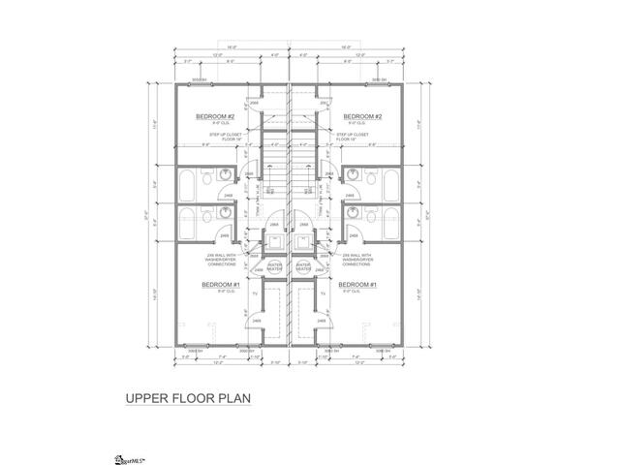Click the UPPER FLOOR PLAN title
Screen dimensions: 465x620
[x=188, y=397]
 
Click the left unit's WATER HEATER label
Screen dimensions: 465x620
[x=273, y=265]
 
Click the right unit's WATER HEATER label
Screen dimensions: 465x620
[x=302, y=265]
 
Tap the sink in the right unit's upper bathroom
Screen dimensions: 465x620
[x=352, y=178]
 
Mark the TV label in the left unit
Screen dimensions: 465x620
[x=254, y=292]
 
